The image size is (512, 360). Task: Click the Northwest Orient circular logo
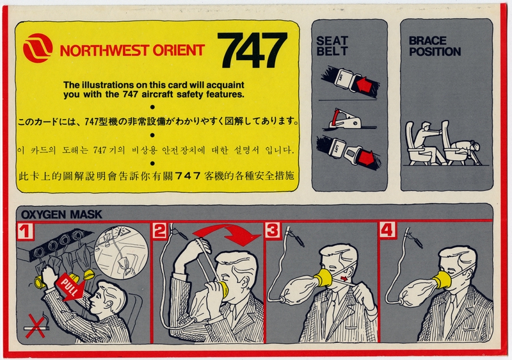[38, 49]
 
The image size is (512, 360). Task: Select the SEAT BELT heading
[332, 46]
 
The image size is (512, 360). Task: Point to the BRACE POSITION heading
[435, 46]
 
